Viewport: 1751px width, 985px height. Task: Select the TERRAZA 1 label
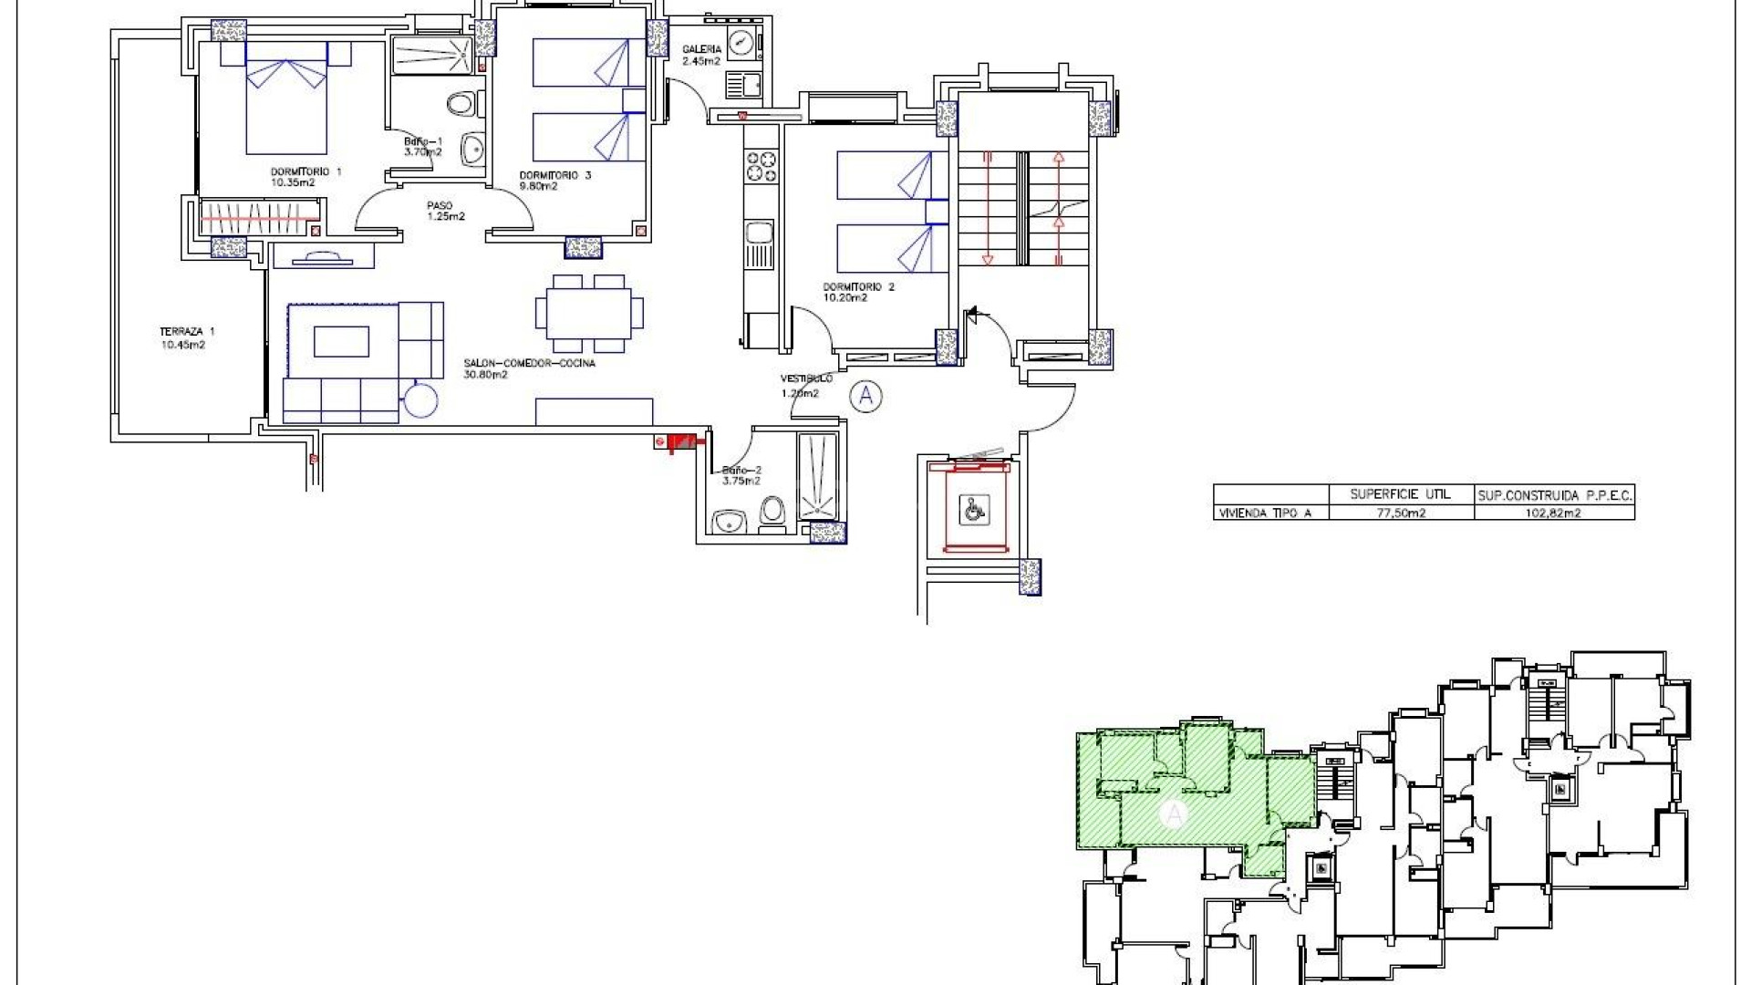coord(187,338)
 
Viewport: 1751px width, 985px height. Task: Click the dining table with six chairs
coord(589,314)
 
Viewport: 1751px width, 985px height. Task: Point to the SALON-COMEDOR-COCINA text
coord(529,368)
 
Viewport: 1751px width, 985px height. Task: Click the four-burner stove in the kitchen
coord(762,167)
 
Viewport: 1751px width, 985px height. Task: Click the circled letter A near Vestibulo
coord(865,396)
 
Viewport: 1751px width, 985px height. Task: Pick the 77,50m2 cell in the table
coord(1401,513)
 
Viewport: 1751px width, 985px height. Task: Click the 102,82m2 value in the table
coord(1554,513)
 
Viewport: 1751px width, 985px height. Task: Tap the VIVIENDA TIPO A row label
coord(1266,513)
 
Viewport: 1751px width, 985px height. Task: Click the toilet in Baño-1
coord(462,105)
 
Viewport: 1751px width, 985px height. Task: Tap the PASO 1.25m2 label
coord(445,211)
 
